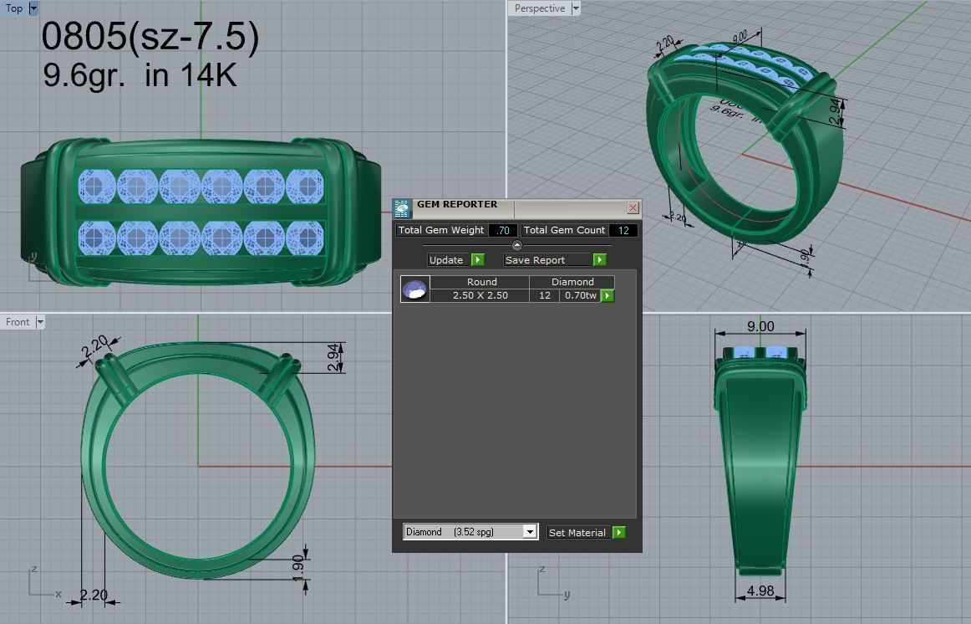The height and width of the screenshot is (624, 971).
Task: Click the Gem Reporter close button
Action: (633, 207)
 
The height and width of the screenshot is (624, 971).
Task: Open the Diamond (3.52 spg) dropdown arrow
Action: (529, 532)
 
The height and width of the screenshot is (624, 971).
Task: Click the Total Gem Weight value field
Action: (503, 230)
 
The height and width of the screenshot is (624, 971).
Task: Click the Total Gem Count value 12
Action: (623, 230)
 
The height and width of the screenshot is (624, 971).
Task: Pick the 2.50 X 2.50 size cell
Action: (480, 295)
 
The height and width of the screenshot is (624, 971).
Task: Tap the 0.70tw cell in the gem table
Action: (580, 295)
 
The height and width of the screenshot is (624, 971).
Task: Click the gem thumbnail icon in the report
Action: (414, 289)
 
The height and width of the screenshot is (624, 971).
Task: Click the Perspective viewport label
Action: (539, 8)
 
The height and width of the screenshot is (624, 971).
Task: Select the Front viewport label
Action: (18, 322)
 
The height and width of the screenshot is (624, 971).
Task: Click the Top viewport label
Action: (14, 8)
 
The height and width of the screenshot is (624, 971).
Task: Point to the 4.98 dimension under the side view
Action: (760, 591)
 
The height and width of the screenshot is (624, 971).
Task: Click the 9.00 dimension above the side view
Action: (760, 326)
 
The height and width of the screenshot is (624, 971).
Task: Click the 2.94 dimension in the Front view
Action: (333, 357)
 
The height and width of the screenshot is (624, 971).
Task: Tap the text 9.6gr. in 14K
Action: (140, 74)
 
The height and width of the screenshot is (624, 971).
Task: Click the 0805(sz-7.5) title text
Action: (150, 36)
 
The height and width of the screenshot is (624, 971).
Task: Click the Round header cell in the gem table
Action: (481, 282)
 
